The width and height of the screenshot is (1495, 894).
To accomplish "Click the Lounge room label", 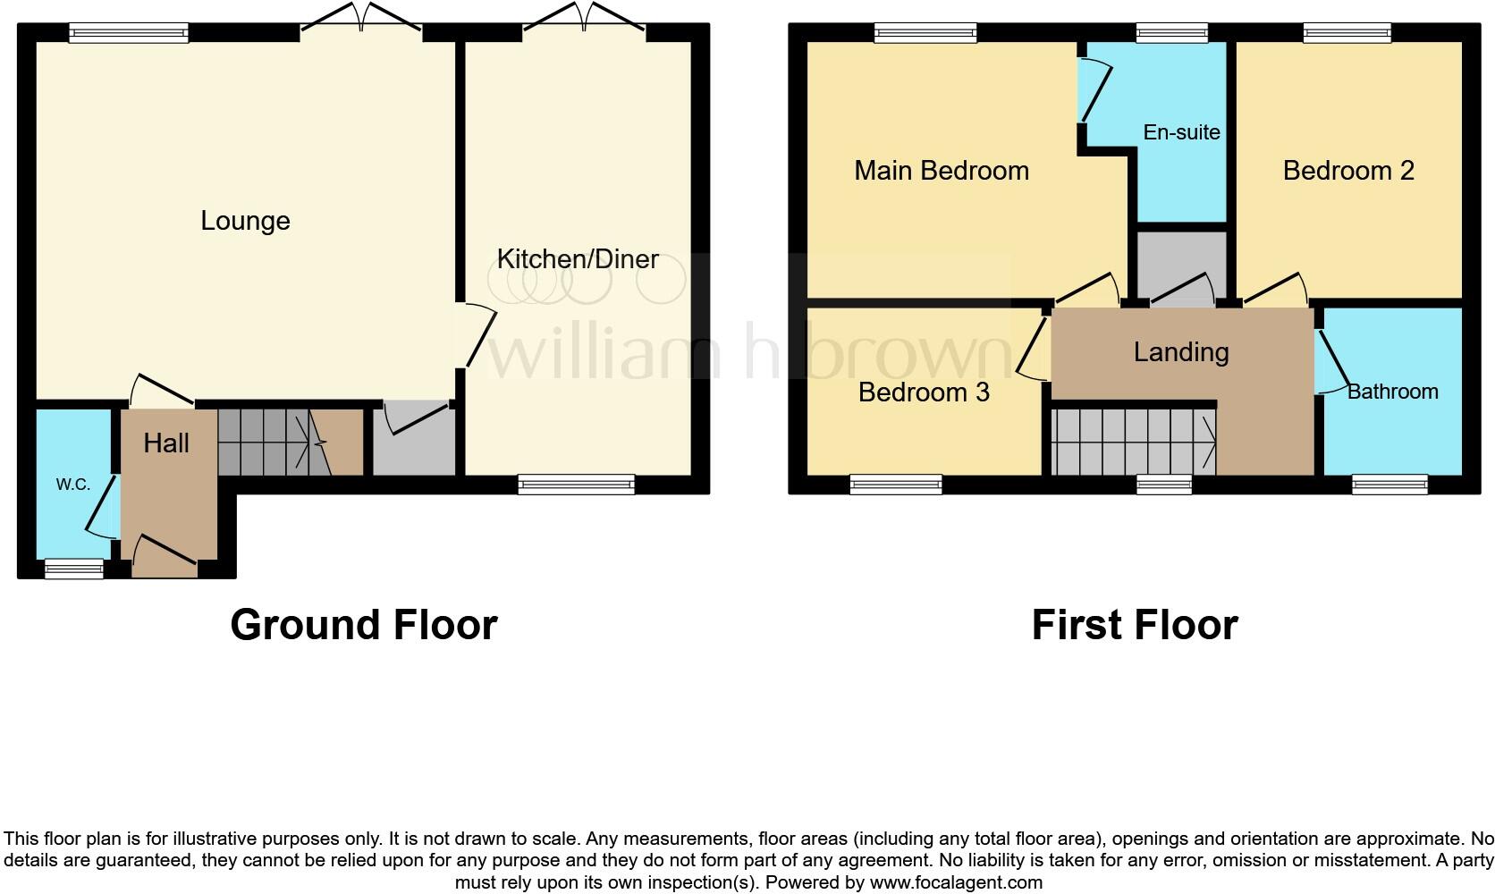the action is pyautogui.click(x=246, y=221).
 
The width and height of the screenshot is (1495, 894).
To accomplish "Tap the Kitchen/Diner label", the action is pyautogui.click(x=578, y=259).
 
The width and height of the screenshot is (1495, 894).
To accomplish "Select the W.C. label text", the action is pyautogui.click(x=73, y=485).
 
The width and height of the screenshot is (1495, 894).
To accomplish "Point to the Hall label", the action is pyautogui.click(x=166, y=443).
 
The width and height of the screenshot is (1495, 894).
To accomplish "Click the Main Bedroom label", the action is pyautogui.click(x=942, y=171).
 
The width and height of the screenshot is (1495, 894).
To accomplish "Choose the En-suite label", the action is pyautogui.click(x=1181, y=132).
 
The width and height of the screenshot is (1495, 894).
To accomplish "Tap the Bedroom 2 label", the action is pyautogui.click(x=1348, y=171).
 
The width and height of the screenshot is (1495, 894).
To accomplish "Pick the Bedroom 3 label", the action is pyautogui.click(x=924, y=392).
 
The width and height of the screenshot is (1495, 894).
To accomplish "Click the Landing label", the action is pyautogui.click(x=1181, y=352).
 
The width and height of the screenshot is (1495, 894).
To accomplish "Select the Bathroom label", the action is pyautogui.click(x=1393, y=392).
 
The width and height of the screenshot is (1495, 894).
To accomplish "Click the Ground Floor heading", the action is pyautogui.click(x=364, y=625).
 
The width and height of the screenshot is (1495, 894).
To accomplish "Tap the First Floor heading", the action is pyautogui.click(x=1135, y=625).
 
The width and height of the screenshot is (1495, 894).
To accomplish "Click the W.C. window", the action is pyautogui.click(x=74, y=569).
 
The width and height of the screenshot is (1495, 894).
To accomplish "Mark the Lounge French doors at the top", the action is pyautogui.click(x=361, y=19).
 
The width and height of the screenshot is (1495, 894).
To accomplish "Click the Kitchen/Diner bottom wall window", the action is pyautogui.click(x=577, y=485).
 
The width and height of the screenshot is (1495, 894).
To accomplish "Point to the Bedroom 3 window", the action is pyautogui.click(x=896, y=485).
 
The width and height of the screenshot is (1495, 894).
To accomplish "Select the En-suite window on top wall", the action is pyautogui.click(x=1172, y=33).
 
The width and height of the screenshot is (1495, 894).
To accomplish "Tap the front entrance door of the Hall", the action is pyautogui.click(x=165, y=558).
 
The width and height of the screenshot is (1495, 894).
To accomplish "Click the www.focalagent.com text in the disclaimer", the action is pyautogui.click(x=956, y=882).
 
